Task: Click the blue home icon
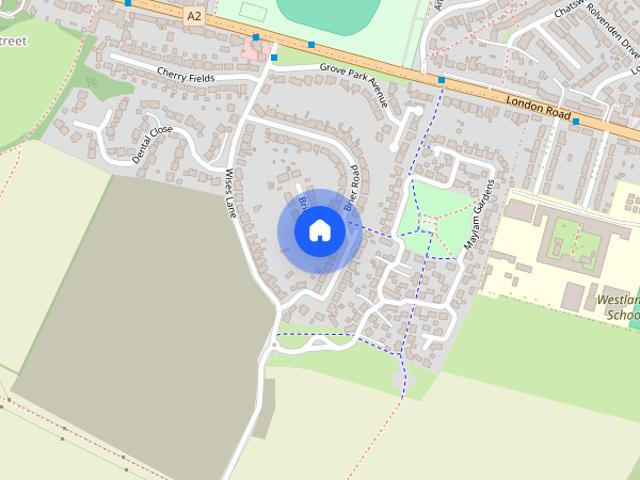pyautogui.click(x=319, y=231)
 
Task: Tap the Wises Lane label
pyautogui.click(x=230, y=193)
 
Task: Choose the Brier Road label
pyautogui.click(x=351, y=187)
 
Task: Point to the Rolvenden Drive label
pyautogui.click(x=599, y=29)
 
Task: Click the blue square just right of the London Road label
pyautogui.click(x=576, y=122)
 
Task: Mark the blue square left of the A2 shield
pyautogui.click(x=127, y=3)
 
